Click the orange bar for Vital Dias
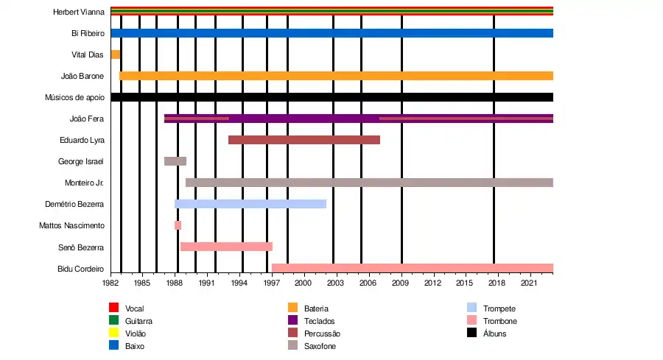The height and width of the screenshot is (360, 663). (116, 54)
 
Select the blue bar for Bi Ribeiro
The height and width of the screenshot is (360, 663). (331, 33)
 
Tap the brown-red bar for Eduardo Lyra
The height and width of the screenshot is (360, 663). (304, 140)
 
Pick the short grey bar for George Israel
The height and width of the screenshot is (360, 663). (175, 161)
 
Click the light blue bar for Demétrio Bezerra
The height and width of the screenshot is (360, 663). (250, 204)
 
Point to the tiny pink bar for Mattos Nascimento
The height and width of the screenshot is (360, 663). (178, 225)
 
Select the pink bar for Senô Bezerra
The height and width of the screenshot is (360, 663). (226, 247)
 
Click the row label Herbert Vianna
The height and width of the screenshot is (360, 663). (78, 13)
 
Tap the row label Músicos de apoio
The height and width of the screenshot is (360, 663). (74, 97)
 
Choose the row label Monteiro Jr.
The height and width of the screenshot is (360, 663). (84, 183)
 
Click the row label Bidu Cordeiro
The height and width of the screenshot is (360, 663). (80, 269)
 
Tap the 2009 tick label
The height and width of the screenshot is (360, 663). (400, 283)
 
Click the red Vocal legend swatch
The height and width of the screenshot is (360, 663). (113, 308)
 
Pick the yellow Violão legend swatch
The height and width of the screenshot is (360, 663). (113, 333)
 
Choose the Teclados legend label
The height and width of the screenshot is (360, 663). (320, 321)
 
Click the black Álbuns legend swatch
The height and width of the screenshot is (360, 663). (472, 333)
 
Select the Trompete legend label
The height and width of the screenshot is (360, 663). (499, 308)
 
